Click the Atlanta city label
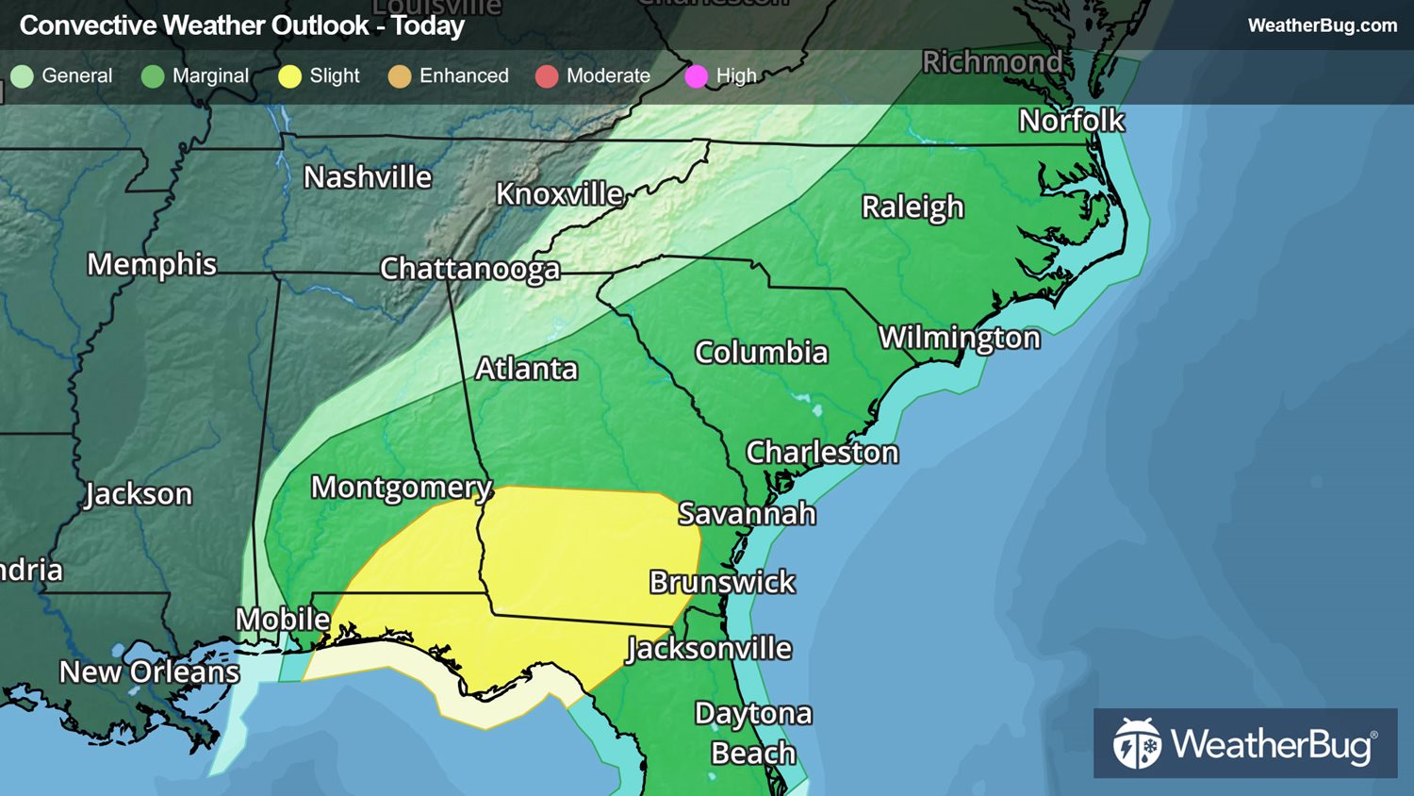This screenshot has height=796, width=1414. click(526, 369)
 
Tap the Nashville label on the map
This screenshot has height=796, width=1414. click(368, 177)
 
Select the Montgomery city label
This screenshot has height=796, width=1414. click(402, 488)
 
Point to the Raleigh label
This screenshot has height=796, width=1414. click(913, 207)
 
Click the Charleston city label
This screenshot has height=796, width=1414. click(822, 453)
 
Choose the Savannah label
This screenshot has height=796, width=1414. click(747, 514)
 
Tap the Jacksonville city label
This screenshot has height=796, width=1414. click(709, 649)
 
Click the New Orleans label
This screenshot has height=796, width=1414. click(149, 672)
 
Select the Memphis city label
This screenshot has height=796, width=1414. click(152, 265)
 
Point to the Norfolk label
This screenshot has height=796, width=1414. click(1072, 121)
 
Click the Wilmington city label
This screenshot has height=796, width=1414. click(960, 338)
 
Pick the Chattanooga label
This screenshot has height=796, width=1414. click(469, 270)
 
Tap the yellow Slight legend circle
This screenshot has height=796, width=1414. click(289, 76)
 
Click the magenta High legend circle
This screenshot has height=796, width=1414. click(696, 76)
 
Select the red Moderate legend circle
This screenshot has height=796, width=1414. click(547, 76)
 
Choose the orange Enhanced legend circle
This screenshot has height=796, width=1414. click(400, 76)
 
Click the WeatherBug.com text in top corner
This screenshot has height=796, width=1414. click(1322, 25)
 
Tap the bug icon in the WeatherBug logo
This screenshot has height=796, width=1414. click(1137, 743)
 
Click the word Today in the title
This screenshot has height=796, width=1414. click(428, 25)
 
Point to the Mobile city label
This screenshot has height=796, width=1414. click(283, 620)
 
